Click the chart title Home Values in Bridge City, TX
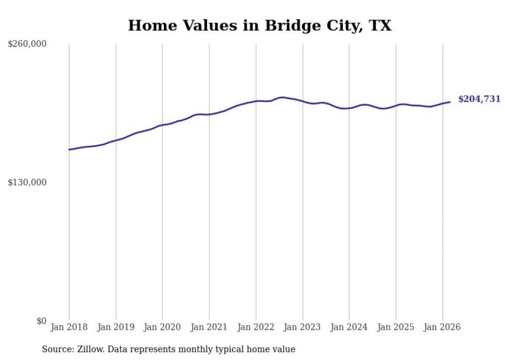click(260, 26)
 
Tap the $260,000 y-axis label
click(27, 44)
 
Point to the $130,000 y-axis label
click(27, 183)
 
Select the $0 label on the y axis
click(41, 321)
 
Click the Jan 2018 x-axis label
click(69, 328)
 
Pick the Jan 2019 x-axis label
click(116, 328)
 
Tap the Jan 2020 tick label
click(162, 328)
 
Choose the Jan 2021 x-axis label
click(209, 328)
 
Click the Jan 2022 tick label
click(256, 328)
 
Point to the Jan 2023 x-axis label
click(302, 328)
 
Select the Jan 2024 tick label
click(349, 328)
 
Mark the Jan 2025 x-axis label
click(396, 328)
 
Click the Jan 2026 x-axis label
click(442, 328)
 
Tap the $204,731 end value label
click(479, 99)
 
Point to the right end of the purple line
click(450, 102)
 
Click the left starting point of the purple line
click(69, 149)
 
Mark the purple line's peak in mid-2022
click(282, 97)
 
